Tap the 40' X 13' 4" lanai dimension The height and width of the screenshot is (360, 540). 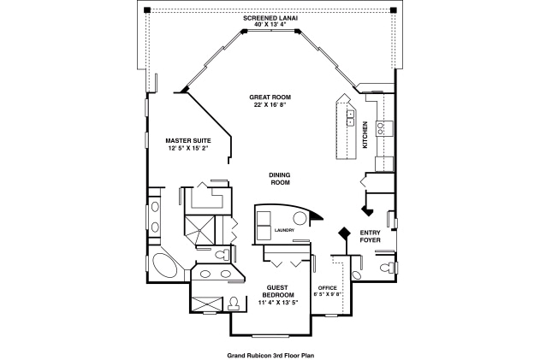click(x=269, y=25)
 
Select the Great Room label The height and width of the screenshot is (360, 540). click(x=268, y=97)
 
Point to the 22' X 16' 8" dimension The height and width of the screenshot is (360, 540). click(x=268, y=105)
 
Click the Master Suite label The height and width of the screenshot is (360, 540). click(x=187, y=139)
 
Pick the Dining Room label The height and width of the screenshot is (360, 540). click(x=280, y=179)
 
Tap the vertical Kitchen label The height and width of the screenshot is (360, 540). click(x=365, y=135)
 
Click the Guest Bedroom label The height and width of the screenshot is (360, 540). click(x=279, y=291)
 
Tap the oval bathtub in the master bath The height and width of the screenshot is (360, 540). click(x=168, y=267)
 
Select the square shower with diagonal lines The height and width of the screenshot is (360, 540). click(x=204, y=231)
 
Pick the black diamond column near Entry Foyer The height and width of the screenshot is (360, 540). click(x=344, y=233)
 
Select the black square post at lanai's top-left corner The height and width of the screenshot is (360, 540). click(x=145, y=9)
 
